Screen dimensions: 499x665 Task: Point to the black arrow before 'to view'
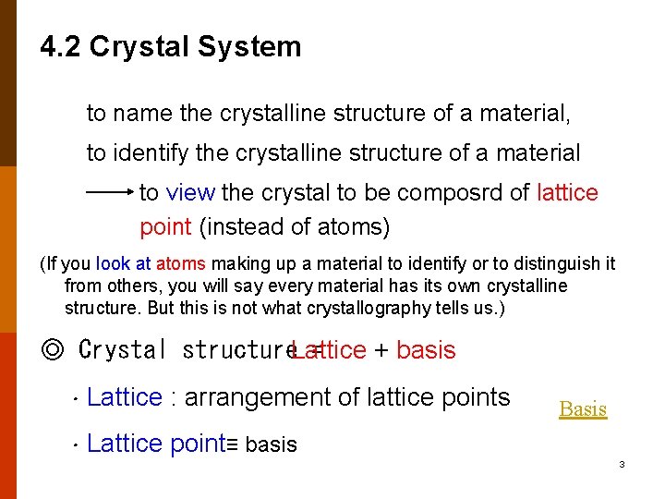(110, 193)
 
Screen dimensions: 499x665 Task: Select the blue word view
(190, 193)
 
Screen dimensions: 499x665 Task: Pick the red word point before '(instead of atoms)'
(165, 226)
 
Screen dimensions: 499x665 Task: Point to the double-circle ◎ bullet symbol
(53, 350)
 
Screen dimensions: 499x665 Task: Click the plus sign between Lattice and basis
(381, 350)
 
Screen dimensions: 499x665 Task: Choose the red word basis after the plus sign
(426, 350)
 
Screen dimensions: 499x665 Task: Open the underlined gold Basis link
(583, 408)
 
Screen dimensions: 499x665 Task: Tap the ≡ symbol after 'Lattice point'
(233, 445)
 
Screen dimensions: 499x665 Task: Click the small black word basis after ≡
(272, 445)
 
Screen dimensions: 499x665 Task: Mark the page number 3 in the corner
(622, 464)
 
